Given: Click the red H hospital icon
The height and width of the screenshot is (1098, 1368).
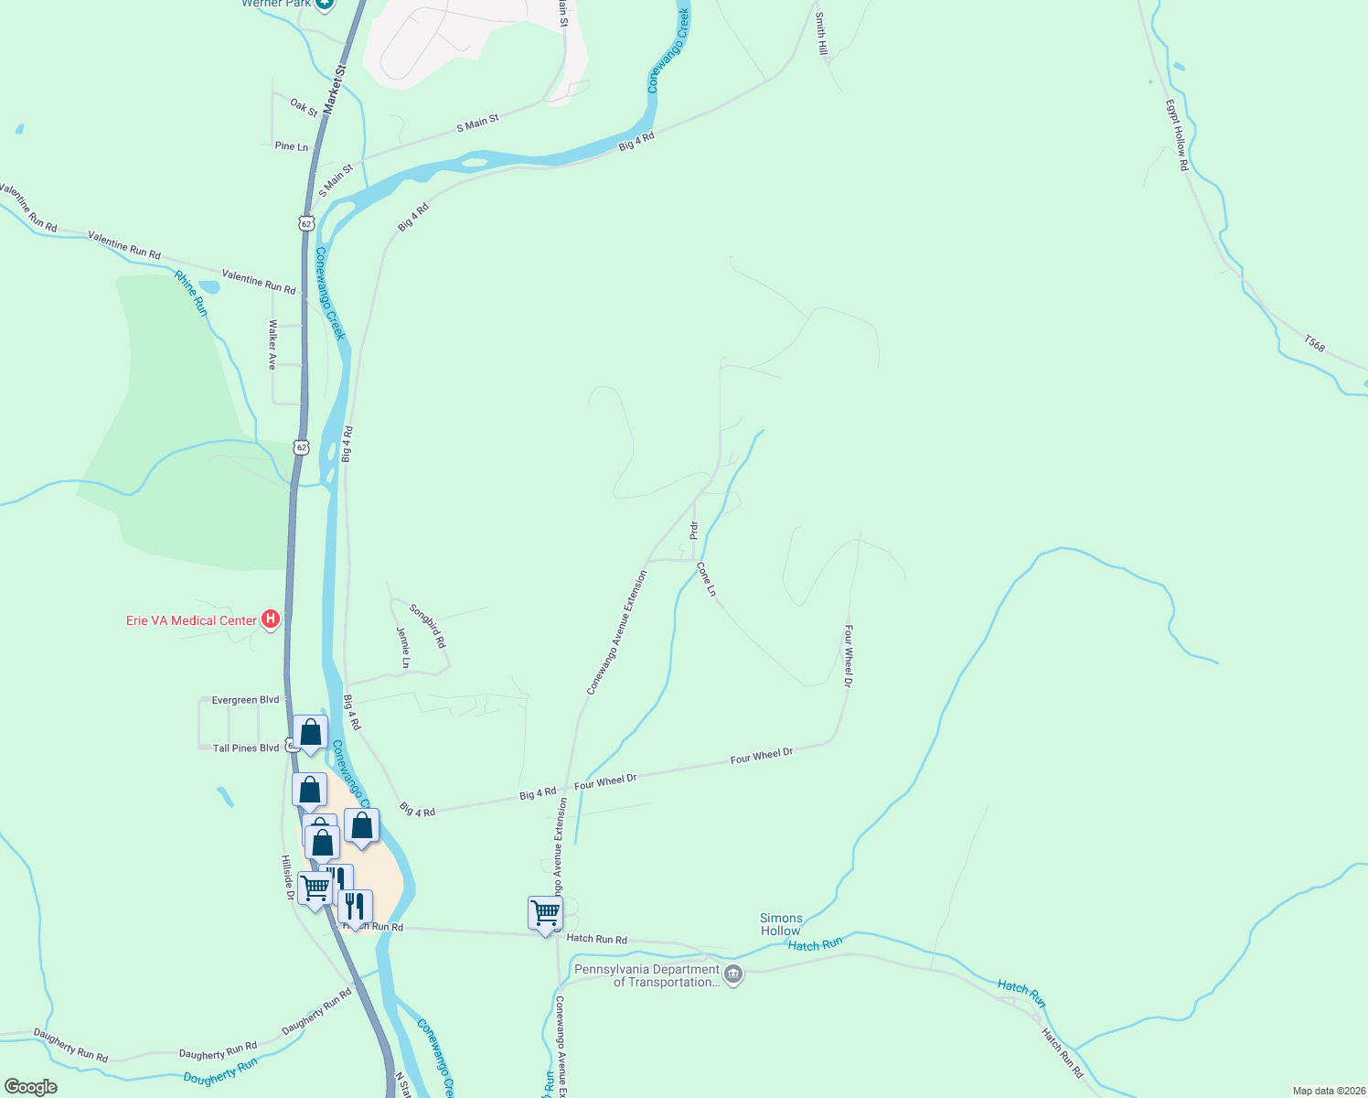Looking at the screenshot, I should point(271,620).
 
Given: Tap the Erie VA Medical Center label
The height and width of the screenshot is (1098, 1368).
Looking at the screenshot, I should point(191,620).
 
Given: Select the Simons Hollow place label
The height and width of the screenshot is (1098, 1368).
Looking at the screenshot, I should point(781,924).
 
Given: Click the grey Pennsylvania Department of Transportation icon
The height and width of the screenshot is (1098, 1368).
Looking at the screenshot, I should point(733,975).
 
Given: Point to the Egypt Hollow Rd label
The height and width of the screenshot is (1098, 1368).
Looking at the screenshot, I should point(1176,135).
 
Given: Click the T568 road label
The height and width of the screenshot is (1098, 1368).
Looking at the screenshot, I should point(1314,344).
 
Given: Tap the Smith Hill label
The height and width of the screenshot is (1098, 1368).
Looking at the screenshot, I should point(821,34).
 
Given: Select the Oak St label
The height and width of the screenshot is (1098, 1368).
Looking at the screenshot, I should point(304,107).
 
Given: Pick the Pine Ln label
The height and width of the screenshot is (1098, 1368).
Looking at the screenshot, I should point(291,146).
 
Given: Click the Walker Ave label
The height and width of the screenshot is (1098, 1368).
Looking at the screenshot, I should point(272,344).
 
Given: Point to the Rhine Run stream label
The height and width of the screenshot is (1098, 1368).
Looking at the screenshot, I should point(191,294).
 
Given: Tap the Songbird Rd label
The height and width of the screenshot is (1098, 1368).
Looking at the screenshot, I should point(428,626).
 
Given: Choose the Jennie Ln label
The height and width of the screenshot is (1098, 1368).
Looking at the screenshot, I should point(403,647).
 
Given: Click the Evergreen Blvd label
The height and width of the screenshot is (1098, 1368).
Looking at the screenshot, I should point(245,700).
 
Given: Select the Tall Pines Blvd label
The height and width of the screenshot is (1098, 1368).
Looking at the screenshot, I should point(245,748).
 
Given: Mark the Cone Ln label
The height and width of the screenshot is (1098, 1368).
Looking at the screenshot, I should point(706,579).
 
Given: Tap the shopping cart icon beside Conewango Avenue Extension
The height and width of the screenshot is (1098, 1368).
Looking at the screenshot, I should point(545,912).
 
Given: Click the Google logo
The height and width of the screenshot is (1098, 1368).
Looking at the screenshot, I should point(30,1087).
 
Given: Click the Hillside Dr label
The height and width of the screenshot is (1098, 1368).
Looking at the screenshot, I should point(287,877).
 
